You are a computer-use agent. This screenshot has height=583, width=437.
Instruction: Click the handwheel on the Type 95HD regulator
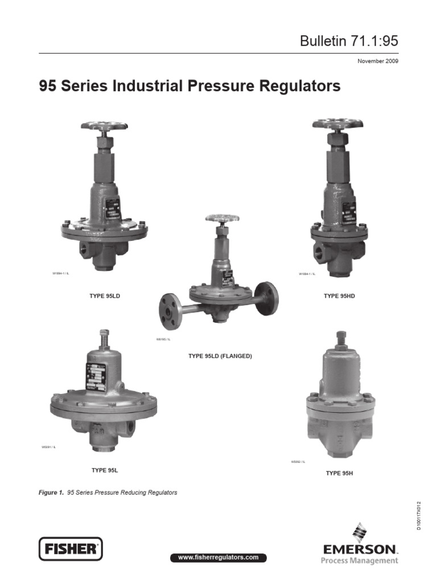(x=337, y=124)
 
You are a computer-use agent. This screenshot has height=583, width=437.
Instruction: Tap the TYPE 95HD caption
(x=339, y=296)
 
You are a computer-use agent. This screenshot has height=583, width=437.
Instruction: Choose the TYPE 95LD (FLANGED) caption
(x=220, y=356)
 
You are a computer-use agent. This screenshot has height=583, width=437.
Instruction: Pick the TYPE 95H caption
(x=340, y=473)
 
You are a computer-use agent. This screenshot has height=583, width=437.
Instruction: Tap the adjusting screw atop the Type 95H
(x=341, y=338)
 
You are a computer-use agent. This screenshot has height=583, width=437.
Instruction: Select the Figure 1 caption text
(x=108, y=492)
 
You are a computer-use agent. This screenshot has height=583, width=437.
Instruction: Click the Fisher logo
(x=70, y=549)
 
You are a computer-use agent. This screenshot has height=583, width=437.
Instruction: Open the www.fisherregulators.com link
(x=218, y=557)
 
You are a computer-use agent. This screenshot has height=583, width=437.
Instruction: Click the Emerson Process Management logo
(x=360, y=547)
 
